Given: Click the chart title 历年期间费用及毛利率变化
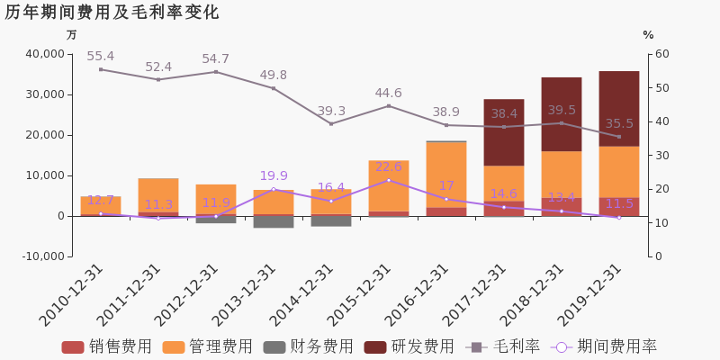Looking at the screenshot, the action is coord(112,13).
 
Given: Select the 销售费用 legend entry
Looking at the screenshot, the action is coord(106,346).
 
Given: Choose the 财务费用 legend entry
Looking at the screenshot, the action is coord(309,346).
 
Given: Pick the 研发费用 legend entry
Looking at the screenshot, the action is coord(409,346).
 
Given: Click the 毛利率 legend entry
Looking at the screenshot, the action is coord(502,346).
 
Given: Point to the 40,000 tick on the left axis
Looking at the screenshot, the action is coord(44,54).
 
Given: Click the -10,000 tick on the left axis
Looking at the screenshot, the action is coord(43,256).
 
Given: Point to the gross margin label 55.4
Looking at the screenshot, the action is coord(101,57).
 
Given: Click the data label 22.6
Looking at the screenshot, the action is coord(389,166).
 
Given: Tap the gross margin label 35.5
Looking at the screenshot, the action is coord(619,124).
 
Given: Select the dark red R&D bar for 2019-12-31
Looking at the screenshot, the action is coord(619,109).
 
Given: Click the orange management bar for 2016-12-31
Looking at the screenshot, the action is coord(446,175).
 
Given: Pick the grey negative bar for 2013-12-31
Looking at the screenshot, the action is coord(274,221).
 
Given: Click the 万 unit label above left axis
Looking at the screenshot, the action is coord(71,35).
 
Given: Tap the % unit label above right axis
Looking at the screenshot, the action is coord(648,35).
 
